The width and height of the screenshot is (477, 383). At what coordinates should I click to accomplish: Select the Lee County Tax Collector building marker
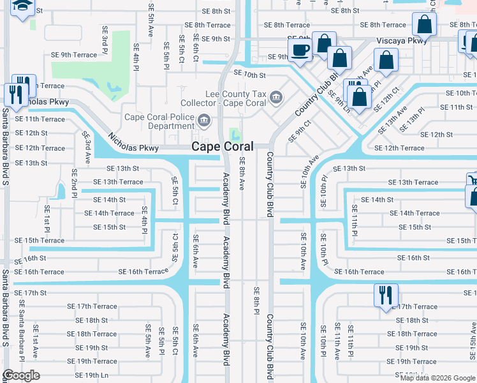tap(276, 97)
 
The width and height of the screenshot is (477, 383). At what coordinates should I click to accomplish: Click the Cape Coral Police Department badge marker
tap(204, 119)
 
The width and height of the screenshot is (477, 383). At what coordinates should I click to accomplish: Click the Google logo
tap(21, 375)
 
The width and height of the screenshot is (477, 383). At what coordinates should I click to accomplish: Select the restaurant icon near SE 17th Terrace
tap(385, 296)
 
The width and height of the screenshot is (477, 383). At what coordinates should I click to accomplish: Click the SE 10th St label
tap(249, 75)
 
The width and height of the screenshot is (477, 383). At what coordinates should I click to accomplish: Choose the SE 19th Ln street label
tap(87, 375)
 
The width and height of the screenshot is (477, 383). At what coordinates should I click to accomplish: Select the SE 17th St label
tap(31, 293)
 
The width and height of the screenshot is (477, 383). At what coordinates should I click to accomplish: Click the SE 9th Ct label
tap(299, 131)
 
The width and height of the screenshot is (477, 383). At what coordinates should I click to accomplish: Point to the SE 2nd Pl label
tap(75, 183)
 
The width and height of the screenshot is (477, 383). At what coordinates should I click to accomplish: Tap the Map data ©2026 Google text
tap(437, 378)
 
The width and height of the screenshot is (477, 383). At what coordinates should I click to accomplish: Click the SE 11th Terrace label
tap(40, 119)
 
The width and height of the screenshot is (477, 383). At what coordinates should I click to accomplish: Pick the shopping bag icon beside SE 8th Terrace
tap(423, 25)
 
